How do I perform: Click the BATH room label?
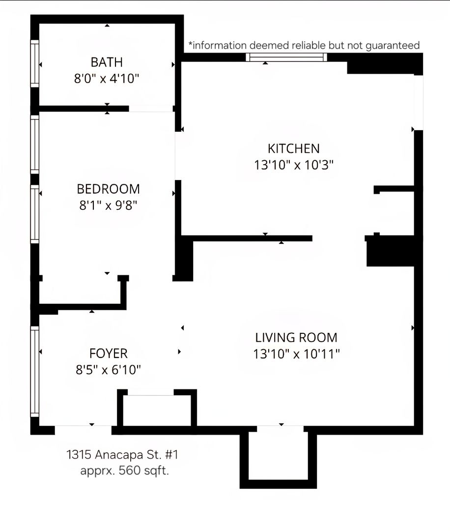click(x=107, y=62)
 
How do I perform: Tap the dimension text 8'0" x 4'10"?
click(x=107, y=79)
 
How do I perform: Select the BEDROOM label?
click(x=108, y=189)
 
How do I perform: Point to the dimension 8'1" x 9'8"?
click(x=108, y=205)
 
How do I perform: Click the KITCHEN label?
click(x=294, y=148)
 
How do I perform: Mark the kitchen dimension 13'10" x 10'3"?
click(x=294, y=165)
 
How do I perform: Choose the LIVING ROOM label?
click(x=296, y=338)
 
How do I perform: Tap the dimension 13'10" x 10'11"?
click(x=296, y=354)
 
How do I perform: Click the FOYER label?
click(x=108, y=354)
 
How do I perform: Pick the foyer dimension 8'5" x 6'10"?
click(x=108, y=370)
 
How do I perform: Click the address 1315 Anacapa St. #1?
click(x=122, y=454)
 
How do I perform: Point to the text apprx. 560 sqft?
click(x=124, y=471)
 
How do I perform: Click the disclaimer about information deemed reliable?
click(x=304, y=45)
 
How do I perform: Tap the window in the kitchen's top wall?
click(x=286, y=57)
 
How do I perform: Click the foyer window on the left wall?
click(x=34, y=372)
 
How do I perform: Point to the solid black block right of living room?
click(x=391, y=251)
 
